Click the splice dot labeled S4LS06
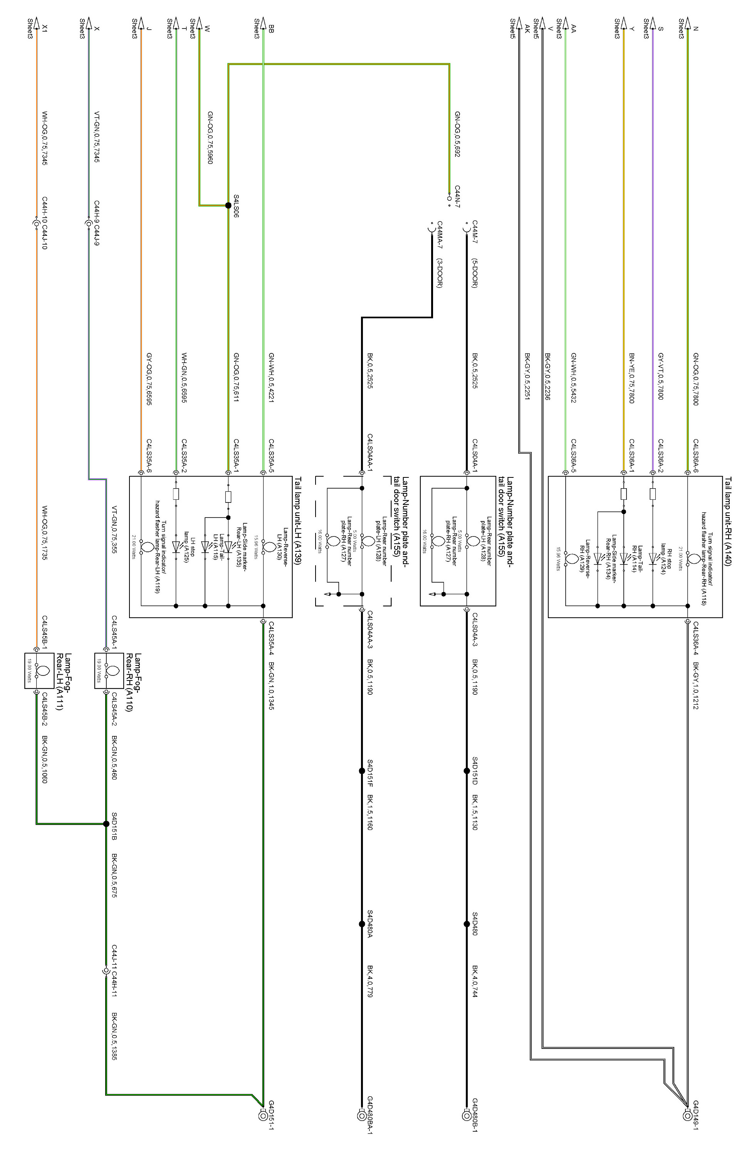pos(228,205)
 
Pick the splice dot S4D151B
pos(106,824)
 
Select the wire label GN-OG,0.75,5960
pos(210,138)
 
